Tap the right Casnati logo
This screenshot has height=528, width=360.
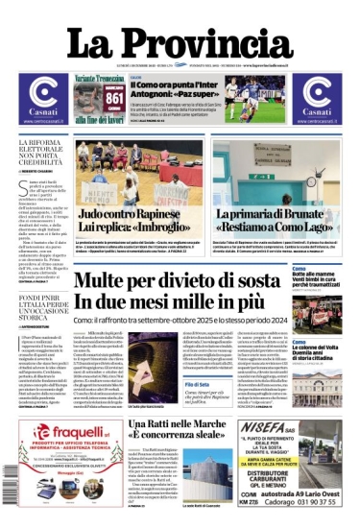point(316,96)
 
